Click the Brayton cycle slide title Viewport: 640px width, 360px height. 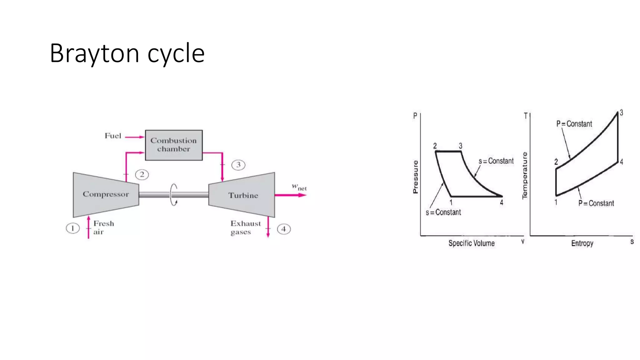tap(127, 53)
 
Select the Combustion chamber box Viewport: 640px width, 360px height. tap(174, 145)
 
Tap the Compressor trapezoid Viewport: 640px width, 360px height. tap(106, 194)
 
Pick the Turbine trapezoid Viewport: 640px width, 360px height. tap(243, 195)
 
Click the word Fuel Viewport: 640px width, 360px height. tap(113, 136)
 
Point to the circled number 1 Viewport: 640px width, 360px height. tap(72, 228)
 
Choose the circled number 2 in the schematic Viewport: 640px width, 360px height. tap(142, 174)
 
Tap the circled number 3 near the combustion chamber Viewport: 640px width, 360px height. tap(238, 165)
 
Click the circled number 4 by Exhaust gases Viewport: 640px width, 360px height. tap(283, 229)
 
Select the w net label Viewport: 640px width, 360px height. tap(299, 187)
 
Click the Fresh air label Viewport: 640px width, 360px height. tap(103, 227)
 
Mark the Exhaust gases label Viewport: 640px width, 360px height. tap(245, 227)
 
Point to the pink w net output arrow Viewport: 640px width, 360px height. tap(291, 195)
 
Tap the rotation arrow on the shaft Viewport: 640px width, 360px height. tap(174, 195)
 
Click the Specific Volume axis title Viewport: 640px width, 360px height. tap(471, 243)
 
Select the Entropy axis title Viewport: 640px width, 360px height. tap(582, 243)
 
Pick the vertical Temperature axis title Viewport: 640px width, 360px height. tap(525, 176)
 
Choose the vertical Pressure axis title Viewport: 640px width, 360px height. tap(415, 177)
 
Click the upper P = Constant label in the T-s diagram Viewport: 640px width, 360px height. tap(574, 124)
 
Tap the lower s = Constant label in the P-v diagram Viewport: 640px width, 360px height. tap(443, 212)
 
